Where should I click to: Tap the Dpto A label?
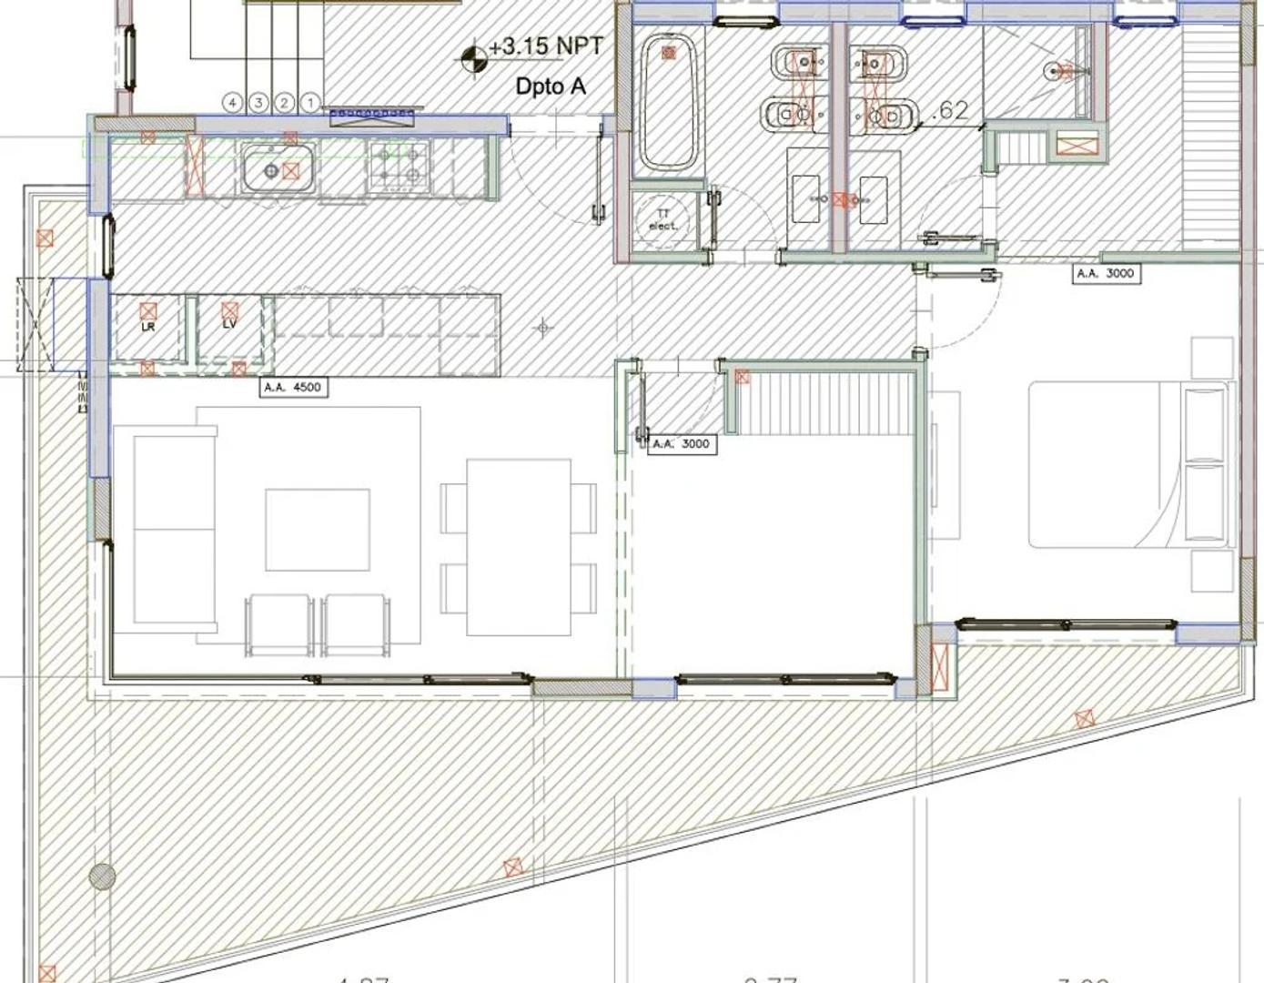[551, 86]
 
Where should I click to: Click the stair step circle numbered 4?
[232, 103]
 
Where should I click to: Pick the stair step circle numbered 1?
[310, 103]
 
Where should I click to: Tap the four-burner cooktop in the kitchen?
[398, 165]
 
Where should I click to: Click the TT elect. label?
[662, 219]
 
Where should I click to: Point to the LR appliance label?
[148, 326]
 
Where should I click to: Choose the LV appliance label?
[229, 324]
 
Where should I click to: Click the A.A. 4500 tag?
[292, 388]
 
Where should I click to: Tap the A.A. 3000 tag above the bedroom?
[1106, 273]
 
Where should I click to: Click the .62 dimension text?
[950, 111]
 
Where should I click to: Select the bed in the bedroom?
[1128, 464]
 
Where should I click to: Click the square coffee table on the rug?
[318, 530]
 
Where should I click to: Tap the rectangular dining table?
[519, 547]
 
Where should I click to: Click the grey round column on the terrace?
[102, 877]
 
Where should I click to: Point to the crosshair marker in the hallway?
[543, 327]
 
